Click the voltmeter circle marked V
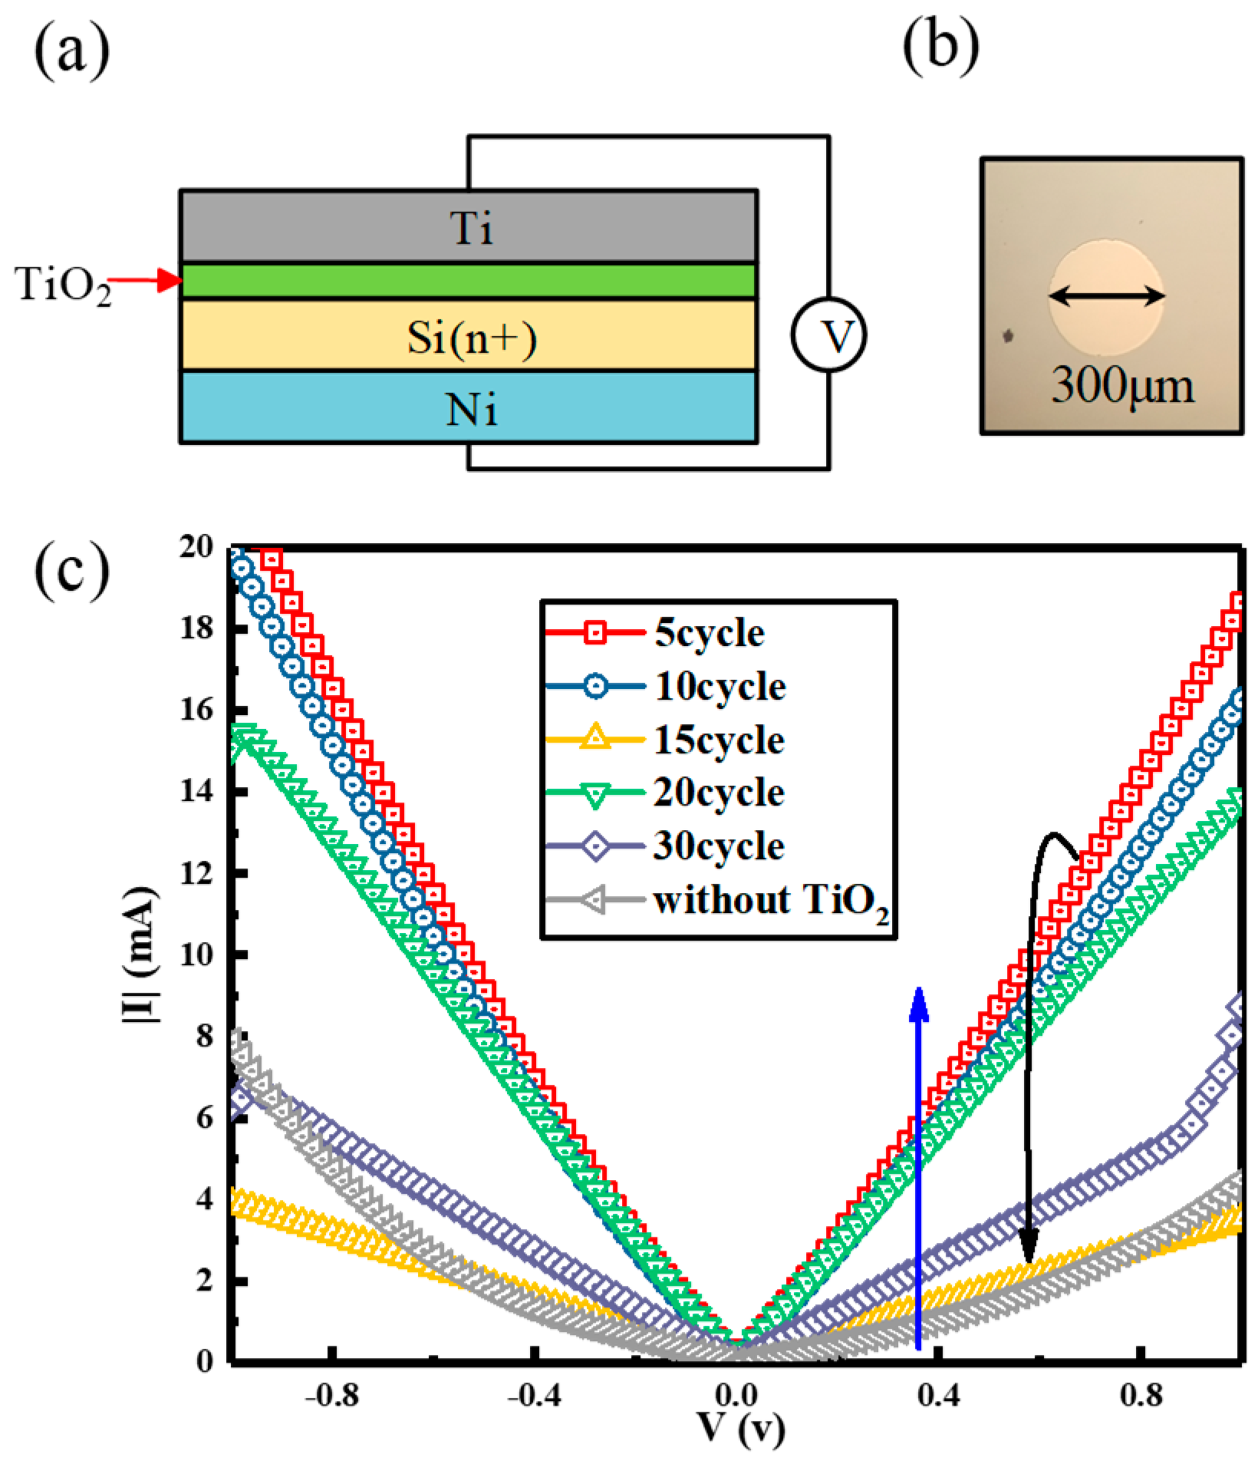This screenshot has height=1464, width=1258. pos(828,335)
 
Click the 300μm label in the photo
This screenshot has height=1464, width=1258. pos(1121,385)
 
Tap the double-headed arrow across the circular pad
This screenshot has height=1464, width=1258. pos(1107,295)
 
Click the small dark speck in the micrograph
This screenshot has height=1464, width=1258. pos(1008,335)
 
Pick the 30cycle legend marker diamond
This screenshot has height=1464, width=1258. pos(595,846)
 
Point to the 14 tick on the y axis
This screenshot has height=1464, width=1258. pos(196,791)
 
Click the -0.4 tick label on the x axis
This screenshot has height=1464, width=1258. pos(534,1394)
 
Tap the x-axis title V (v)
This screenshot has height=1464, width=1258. pos(741,1426)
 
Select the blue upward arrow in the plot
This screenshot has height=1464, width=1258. pos(918,1166)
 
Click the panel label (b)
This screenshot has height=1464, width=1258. pos(940,48)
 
